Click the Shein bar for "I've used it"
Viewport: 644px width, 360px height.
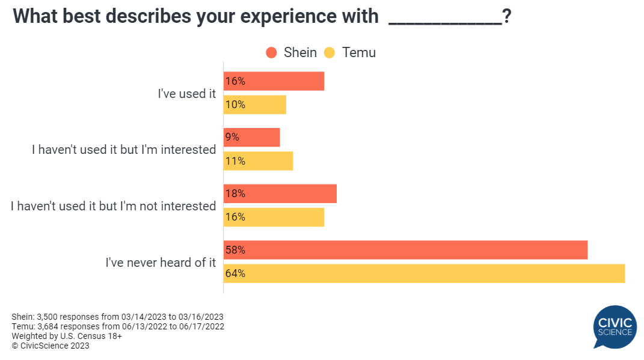pyautogui.click(x=274, y=81)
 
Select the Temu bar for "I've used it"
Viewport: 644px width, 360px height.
pyautogui.click(x=255, y=105)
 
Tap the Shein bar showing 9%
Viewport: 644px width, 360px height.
pyautogui.click(x=252, y=137)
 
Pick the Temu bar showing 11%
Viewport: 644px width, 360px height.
pyautogui.click(x=259, y=161)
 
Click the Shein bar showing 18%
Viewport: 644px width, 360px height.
pyautogui.click(x=280, y=194)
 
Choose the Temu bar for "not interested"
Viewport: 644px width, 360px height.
pyautogui.click(x=274, y=217)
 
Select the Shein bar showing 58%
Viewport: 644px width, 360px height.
pyautogui.click(x=406, y=250)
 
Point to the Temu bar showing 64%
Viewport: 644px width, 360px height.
pyautogui.click(x=425, y=273)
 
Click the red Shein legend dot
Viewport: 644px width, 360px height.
pyautogui.click(x=271, y=52)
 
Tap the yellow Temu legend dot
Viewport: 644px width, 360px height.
pyautogui.click(x=330, y=52)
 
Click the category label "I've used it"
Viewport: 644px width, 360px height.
pyautogui.click(x=187, y=94)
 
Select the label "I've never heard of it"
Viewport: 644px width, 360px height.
pyautogui.click(x=161, y=262)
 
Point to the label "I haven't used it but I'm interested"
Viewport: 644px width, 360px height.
pyautogui.click(x=124, y=150)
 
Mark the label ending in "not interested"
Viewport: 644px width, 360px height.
pyautogui.click(x=114, y=206)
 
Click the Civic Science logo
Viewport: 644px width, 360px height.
pyautogui.click(x=615, y=327)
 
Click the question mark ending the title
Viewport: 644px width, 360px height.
pyautogui.click(x=507, y=16)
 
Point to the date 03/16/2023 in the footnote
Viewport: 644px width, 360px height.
pyautogui.click(x=201, y=317)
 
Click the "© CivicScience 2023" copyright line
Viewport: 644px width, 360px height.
pyautogui.click(x=51, y=346)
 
